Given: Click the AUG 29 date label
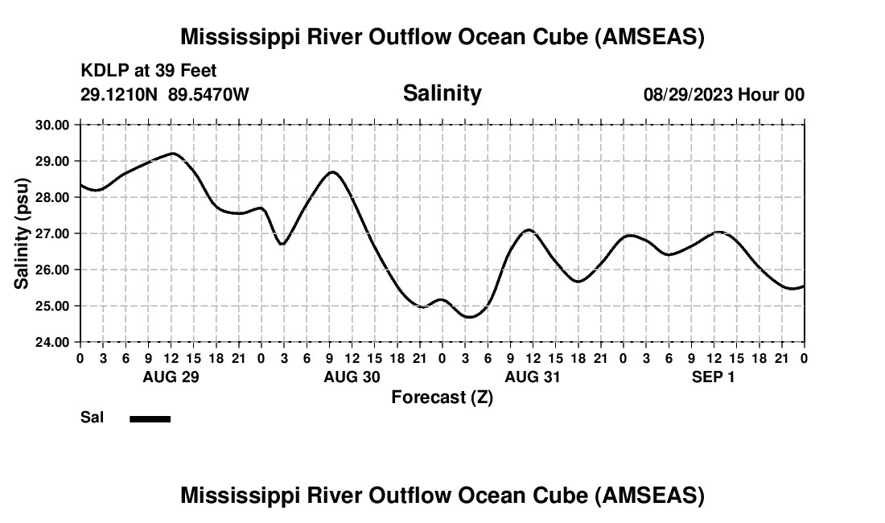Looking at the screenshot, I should click(x=171, y=377).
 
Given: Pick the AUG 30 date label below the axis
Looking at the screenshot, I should click(x=352, y=377).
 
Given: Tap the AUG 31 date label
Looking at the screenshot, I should click(x=533, y=377).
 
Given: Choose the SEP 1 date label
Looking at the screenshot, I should click(x=714, y=377).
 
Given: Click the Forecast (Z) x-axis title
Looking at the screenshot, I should click(x=442, y=397).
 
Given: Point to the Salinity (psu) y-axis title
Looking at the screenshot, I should click(x=22, y=233).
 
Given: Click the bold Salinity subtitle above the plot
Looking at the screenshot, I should click(x=442, y=93).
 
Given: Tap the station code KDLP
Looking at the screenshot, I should click(x=105, y=72).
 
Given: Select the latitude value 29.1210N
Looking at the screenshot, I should click(x=119, y=94).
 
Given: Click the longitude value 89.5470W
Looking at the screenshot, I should click(x=208, y=94).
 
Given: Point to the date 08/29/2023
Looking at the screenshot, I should click(x=688, y=94).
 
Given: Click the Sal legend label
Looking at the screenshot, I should click(x=91, y=418).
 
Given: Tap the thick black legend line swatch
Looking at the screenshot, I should click(x=150, y=418).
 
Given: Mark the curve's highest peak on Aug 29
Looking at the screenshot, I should click(x=172, y=153).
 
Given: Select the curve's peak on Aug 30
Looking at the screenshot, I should click(x=331, y=171).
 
